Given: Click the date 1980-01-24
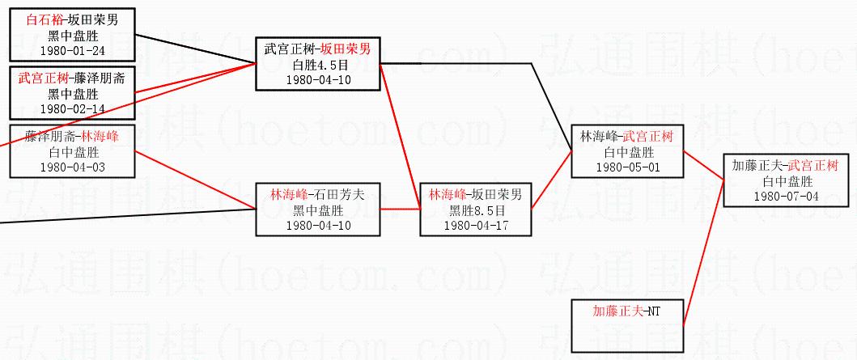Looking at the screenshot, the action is click(x=73, y=50).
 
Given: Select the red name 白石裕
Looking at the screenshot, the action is click(x=43, y=19).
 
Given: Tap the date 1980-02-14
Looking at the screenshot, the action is click(x=73, y=108).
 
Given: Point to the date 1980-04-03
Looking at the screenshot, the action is click(x=73, y=167).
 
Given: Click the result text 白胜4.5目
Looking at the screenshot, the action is click(x=318, y=65).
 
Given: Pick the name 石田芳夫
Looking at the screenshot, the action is click(x=342, y=195).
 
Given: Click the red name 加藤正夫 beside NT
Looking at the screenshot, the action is click(x=619, y=310).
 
